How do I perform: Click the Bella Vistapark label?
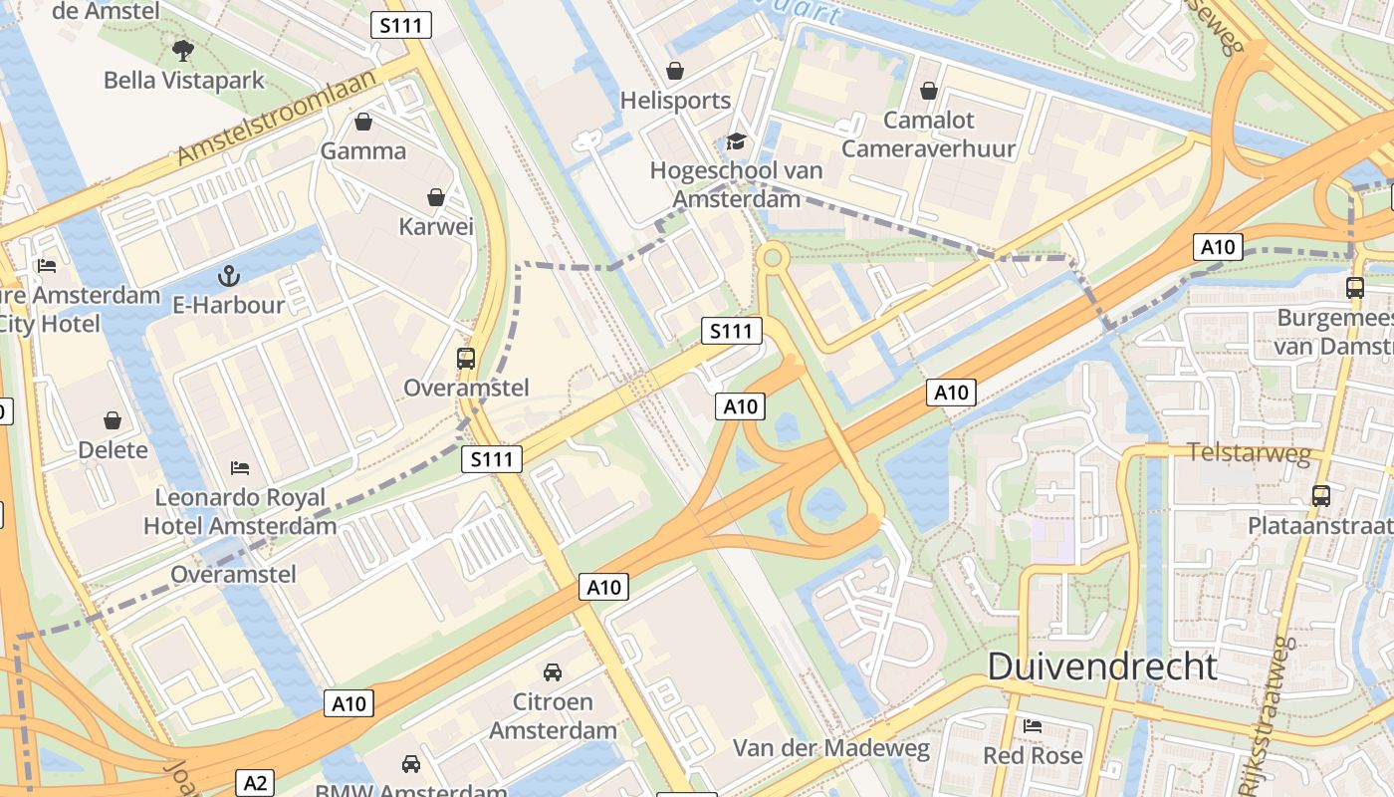point(184,80)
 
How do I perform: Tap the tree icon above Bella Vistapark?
point(182,49)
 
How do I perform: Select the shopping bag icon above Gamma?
point(363,122)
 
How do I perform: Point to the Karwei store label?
point(436,226)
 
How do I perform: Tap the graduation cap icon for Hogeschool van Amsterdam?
point(736,141)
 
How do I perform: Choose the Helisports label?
point(675,101)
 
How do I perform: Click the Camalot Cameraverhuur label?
point(928,134)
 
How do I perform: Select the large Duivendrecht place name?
point(1102,666)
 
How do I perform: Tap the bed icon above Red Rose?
point(1033,725)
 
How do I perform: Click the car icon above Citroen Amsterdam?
point(553,672)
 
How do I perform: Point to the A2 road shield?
point(256,783)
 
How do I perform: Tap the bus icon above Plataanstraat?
point(1320,495)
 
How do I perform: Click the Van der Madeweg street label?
point(831,748)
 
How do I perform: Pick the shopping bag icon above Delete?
point(113,420)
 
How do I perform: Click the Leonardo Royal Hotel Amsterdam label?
point(240,511)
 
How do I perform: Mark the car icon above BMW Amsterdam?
point(410,764)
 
